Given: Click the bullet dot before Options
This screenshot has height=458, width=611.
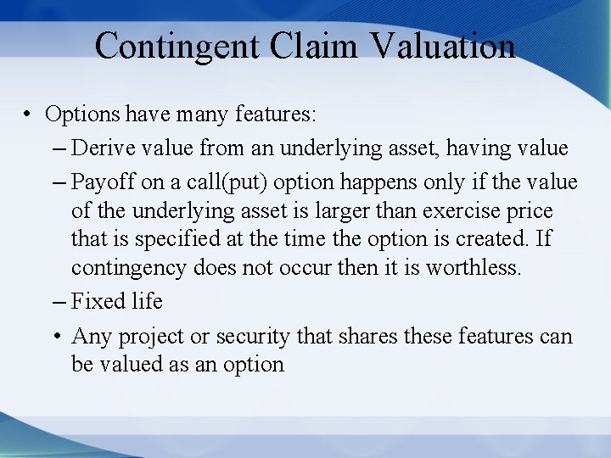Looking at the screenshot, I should tap(28, 114).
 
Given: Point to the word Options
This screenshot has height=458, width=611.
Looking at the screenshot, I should tap(82, 114).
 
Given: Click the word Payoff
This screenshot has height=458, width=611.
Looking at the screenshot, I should tap(99, 182).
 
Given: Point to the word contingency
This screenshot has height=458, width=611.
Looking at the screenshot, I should tap(128, 268).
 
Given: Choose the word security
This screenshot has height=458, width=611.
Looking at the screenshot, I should tap(251, 336).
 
